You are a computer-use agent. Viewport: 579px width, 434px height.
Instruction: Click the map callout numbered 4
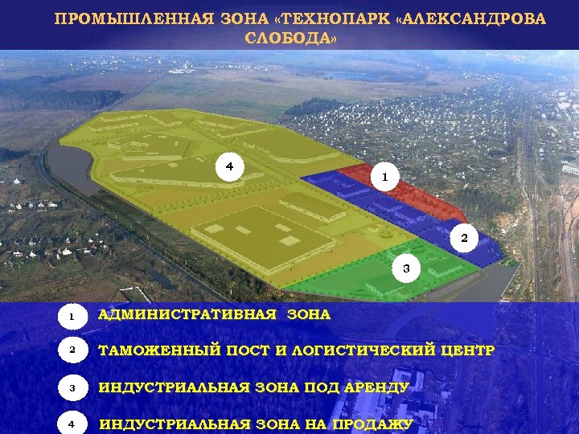click(229, 166)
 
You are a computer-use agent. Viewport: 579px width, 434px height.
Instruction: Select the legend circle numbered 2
click(72, 352)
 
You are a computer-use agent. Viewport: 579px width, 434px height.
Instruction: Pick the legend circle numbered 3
click(72, 388)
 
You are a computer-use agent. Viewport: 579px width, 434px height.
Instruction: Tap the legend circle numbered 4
click(72, 424)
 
